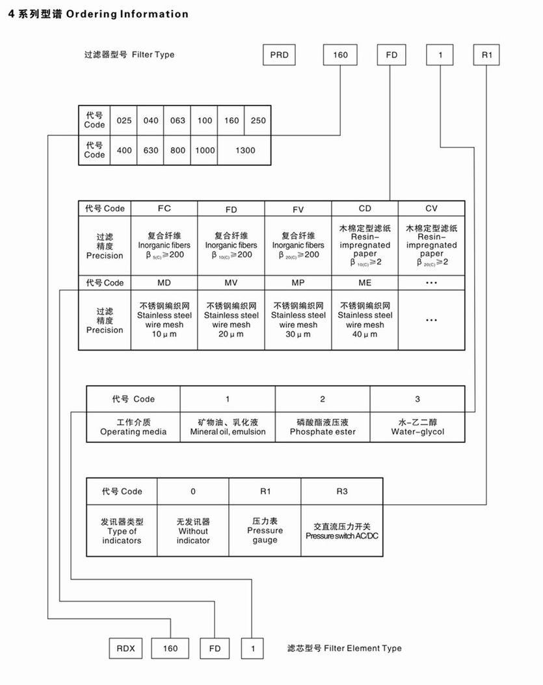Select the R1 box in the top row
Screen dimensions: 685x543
coord(486,55)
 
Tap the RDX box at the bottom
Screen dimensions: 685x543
coord(125,649)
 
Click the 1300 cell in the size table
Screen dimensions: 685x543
coord(245,150)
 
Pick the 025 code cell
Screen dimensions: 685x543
coord(124,120)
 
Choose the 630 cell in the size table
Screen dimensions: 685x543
coord(150,150)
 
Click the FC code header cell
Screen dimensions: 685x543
coord(164,209)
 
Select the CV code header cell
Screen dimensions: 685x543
coord(431,209)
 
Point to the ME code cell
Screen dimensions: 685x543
coord(364,283)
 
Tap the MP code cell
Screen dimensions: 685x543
coord(298,283)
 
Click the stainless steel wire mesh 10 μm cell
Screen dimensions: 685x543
coord(164,320)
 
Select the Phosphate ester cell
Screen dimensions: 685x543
coord(323,427)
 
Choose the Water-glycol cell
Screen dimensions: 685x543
coord(417,427)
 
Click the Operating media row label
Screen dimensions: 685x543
coord(133,427)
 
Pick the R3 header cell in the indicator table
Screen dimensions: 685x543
coord(341,491)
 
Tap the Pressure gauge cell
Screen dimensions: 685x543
coord(265,531)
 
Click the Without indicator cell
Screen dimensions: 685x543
coord(193,531)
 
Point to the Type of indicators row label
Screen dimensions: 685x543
coord(122,531)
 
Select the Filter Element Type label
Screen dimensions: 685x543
coord(344,648)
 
